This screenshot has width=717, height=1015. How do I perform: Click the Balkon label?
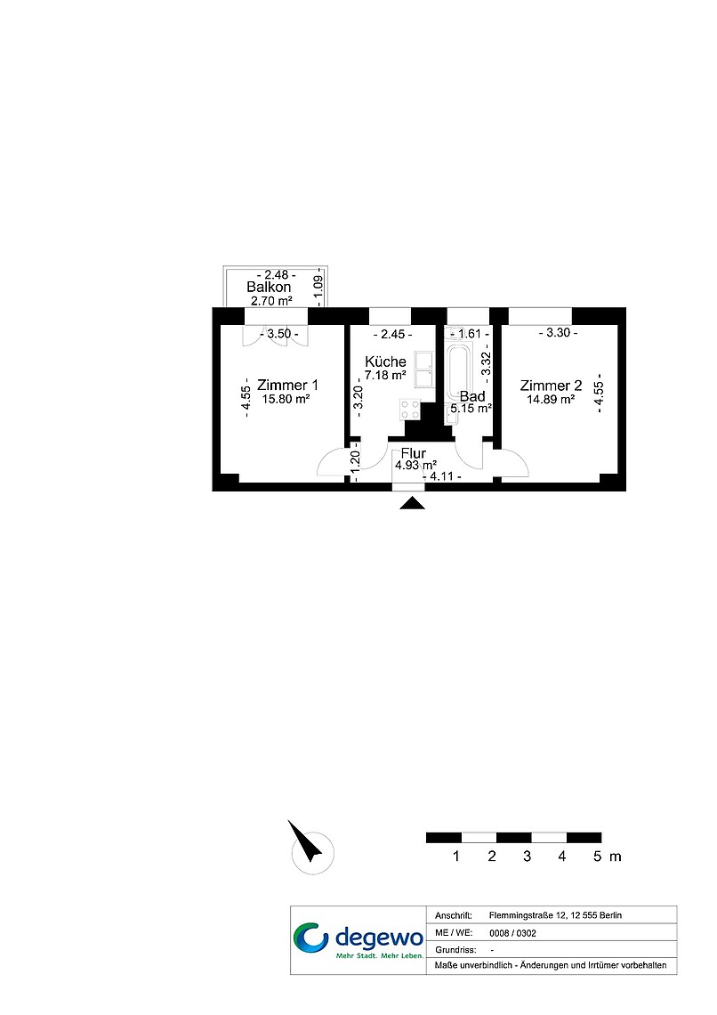click(269, 287)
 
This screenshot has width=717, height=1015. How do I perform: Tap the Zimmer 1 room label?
click(287, 386)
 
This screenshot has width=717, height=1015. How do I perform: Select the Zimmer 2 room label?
click(551, 386)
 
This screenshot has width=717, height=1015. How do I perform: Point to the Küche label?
click(385, 361)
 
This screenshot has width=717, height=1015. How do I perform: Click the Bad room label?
click(472, 396)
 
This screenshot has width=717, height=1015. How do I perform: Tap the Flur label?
click(413, 453)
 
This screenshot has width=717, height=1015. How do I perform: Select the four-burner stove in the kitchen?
click(410, 409)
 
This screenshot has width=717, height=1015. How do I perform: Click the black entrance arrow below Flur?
click(412, 503)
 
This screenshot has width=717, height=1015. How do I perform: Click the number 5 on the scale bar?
click(598, 857)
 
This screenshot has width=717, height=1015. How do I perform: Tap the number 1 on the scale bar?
click(456, 857)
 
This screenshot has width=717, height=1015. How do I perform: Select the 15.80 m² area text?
click(286, 400)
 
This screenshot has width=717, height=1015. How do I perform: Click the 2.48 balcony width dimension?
click(276, 275)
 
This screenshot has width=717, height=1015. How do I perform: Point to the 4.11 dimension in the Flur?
click(441, 476)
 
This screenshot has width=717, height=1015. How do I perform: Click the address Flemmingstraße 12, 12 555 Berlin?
click(555, 915)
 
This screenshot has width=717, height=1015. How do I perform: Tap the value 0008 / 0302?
click(512, 933)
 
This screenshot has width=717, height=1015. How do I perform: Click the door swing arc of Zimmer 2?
click(522, 459)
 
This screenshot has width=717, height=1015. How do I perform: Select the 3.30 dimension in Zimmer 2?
click(559, 333)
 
